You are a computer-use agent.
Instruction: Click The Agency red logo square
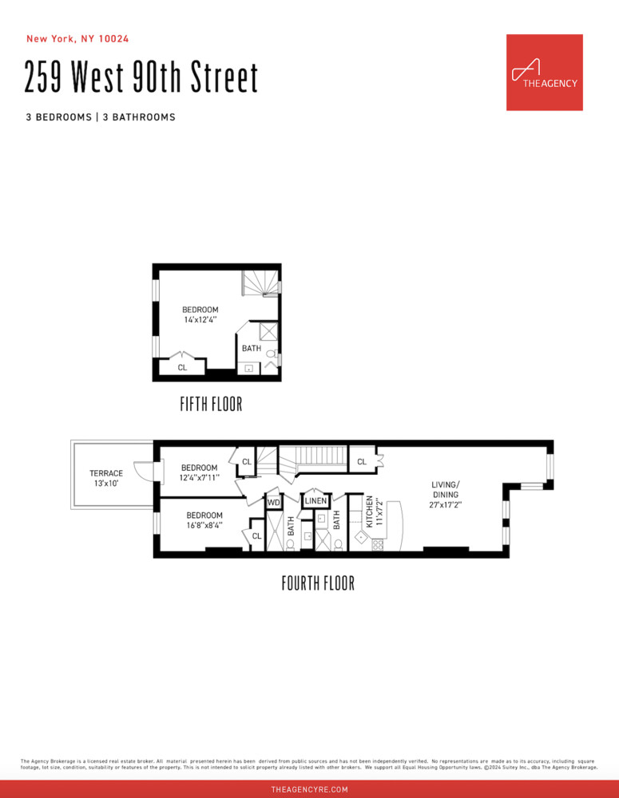(544, 72)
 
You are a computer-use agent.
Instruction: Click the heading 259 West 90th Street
(141, 78)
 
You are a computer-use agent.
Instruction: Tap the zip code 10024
(115, 38)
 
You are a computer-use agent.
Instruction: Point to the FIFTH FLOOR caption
(211, 405)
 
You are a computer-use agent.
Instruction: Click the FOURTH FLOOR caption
(318, 583)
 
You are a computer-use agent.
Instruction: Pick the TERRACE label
(106, 473)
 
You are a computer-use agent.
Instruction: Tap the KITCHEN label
(370, 512)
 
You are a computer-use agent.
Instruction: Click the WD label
(273, 503)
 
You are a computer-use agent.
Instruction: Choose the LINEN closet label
(315, 501)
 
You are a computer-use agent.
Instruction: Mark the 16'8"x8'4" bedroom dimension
(204, 526)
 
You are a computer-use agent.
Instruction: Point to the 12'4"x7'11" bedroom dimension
(199, 478)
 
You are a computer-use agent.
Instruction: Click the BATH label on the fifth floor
(252, 348)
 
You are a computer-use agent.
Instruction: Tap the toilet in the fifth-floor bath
(272, 354)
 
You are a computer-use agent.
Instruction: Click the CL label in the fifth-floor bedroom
(182, 367)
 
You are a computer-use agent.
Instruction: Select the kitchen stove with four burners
(377, 546)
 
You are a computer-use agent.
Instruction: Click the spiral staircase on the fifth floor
(262, 282)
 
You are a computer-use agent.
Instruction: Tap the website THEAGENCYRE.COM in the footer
(309, 789)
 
